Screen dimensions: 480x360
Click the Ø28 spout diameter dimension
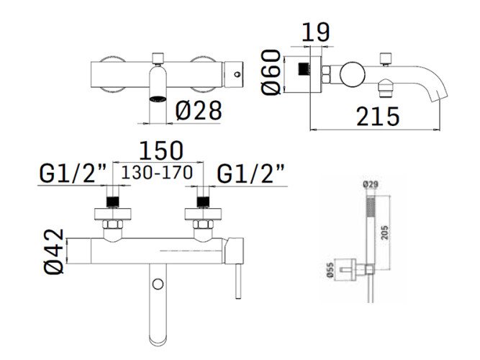[199, 110]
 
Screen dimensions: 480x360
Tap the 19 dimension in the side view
[316, 32]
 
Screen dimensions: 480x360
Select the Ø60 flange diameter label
[271, 72]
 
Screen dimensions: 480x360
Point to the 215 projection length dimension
[378, 117]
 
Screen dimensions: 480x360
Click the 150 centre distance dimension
[161, 150]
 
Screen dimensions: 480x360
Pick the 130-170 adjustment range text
[157, 172]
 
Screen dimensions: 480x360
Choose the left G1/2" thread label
[73, 174]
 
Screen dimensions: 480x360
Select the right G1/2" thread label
[250, 174]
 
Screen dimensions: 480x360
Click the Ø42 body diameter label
[54, 251]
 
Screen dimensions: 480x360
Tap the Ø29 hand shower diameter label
[371, 184]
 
